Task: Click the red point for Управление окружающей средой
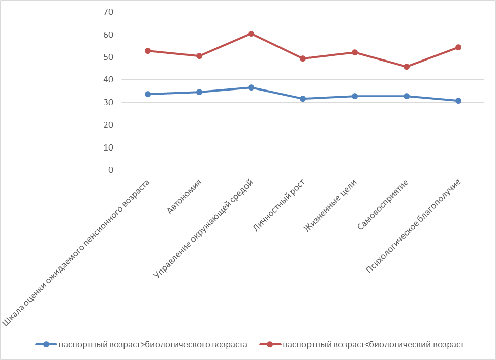(251, 34)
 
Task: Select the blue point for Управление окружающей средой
(251, 87)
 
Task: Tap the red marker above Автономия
(199, 56)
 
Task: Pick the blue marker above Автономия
(199, 92)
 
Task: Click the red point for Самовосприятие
(407, 67)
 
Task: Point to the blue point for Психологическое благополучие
(458, 101)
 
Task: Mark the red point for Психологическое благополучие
(458, 47)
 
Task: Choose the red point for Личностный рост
(303, 58)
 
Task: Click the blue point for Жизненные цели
(355, 96)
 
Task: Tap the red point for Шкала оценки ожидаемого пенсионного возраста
(148, 51)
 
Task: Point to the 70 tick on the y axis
(108, 12)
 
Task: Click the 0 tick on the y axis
(110, 170)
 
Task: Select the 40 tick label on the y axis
(108, 80)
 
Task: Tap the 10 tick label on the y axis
(108, 147)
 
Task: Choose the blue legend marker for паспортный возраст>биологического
(46, 344)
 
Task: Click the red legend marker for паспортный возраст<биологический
(270, 344)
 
